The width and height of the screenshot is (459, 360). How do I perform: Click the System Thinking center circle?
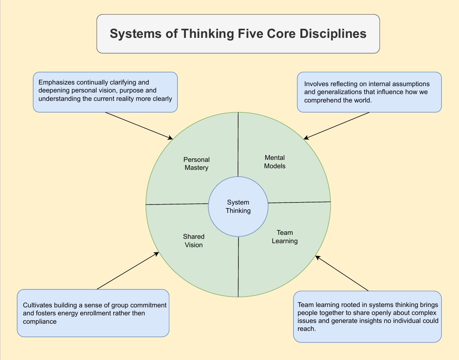(238, 207)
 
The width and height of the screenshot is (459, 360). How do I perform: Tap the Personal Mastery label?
(196, 164)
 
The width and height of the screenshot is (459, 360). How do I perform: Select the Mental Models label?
(275, 162)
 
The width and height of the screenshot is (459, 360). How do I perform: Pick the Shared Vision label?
(194, 241)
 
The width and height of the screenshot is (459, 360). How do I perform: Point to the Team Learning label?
(285, 237)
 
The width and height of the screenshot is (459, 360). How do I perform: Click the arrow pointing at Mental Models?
(337, 126)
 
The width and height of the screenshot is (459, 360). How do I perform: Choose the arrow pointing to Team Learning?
(342, 273)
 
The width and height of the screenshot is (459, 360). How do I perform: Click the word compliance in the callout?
(39, 321)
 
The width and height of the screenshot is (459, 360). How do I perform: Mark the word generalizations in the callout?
(339, 92)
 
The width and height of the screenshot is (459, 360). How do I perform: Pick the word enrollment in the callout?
(110, 313)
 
